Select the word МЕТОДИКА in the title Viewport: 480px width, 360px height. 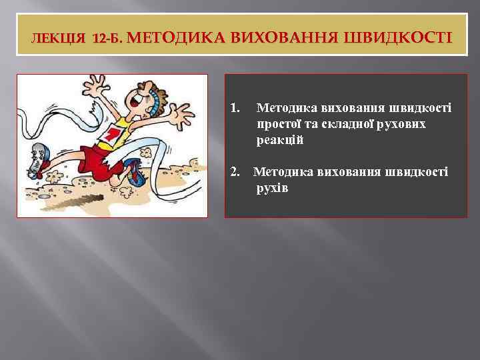[176, 37]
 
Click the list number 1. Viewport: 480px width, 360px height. [234, 107]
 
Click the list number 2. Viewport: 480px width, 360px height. [235, 173]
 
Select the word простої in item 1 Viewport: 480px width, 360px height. [279, 124]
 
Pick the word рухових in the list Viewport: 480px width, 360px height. [405, 124]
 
